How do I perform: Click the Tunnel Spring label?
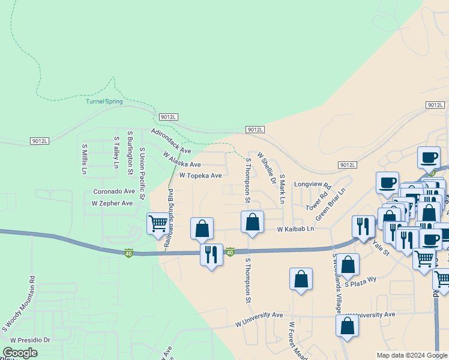click(104, 101)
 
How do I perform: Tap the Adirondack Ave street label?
click(170, 141)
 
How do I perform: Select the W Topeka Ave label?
click(200, 176)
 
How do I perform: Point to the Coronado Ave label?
click(114, 191)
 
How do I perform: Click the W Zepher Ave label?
click(112, 203)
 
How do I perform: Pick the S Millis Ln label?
click(85, 158)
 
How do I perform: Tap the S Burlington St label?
click(130, 152)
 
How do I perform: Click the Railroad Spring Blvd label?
click(170, 213)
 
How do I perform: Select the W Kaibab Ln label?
click(295, 229)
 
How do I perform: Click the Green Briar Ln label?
click(331, 205)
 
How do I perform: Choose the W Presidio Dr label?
click(29, 340)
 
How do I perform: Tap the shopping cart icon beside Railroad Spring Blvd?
click(158, 224)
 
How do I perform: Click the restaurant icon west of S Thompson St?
click(211, 254)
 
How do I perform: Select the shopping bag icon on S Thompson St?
click(253, 222)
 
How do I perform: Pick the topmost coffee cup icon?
click(429, 158)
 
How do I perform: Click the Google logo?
click(20, 353)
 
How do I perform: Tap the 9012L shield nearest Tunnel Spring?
click(169, 117)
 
